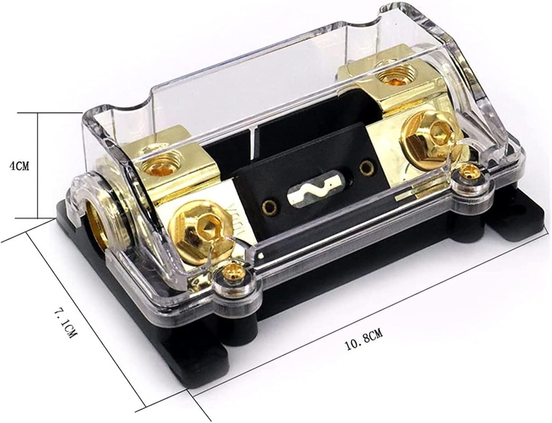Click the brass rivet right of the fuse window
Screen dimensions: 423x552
365,168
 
